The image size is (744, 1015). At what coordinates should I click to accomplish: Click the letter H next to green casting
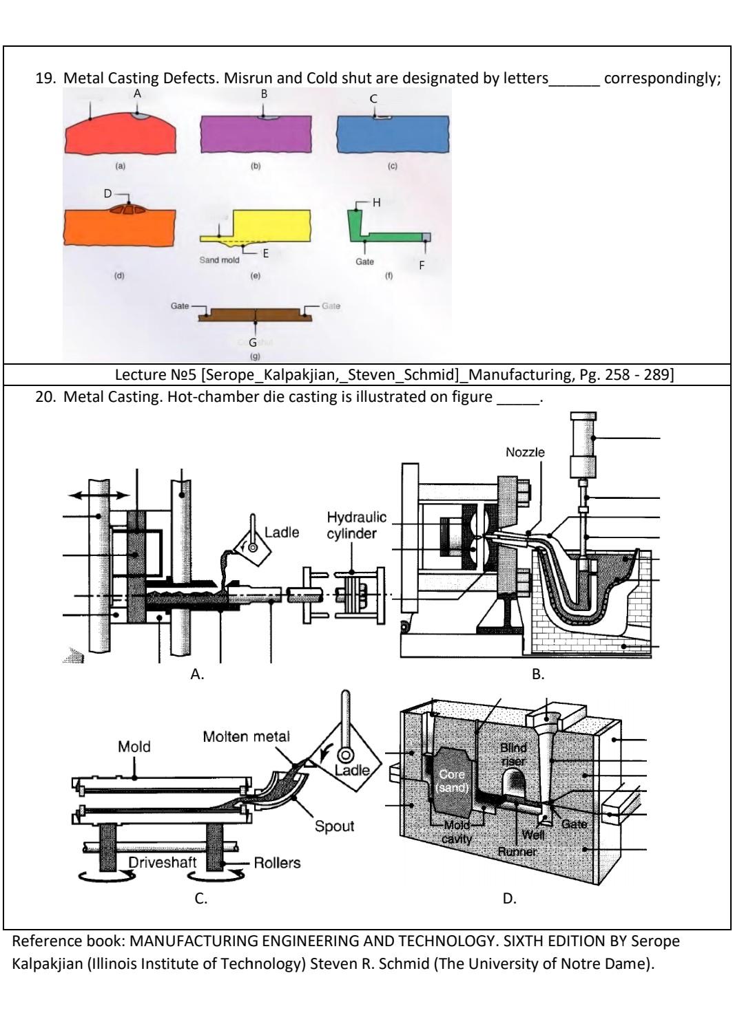(x=377, y=202)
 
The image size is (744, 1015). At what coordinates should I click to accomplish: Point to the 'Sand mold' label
(x=219, y=260)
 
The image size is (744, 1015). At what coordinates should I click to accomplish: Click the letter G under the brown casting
(x=253, y=342)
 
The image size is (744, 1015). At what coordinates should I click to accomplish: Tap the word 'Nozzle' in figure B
(x=525, y=452)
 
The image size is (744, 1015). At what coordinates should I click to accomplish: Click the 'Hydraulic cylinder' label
(x=356, y=526)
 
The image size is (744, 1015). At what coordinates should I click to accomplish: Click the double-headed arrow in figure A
(x=99, y=495)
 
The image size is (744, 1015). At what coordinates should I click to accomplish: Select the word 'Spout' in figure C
(x=334, y=826)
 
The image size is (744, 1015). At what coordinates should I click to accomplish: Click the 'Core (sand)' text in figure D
(x=453, y=781)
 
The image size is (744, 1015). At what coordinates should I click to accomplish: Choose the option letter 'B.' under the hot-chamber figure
(x=538, y=675)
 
